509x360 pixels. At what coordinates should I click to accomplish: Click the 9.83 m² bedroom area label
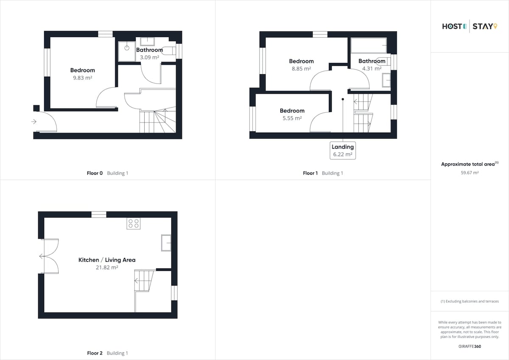(82, 78)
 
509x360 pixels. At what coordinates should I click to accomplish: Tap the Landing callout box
(343, 151)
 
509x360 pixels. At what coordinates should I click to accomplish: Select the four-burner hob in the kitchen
(133, 223)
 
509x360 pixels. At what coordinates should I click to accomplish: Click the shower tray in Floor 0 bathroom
(127, 51)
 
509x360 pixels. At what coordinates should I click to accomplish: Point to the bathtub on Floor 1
(369, 45)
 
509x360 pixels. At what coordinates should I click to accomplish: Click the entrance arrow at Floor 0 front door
(34, 122)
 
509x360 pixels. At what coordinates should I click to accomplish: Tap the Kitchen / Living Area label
(107, 260)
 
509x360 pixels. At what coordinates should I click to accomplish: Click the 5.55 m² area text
(292, 118)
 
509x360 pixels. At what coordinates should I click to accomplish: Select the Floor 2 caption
(107, 353)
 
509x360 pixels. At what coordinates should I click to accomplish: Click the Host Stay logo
(470, 26)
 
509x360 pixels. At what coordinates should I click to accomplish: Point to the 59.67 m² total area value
(470, 173)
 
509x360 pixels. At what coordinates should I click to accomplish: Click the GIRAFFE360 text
(470, 346)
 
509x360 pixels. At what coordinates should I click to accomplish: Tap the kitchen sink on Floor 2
(166, 243)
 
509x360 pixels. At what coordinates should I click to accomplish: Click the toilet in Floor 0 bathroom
(169, 50)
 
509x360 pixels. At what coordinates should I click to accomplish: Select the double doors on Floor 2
(50, 256)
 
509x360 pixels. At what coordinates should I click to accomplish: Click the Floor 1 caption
(323, 173)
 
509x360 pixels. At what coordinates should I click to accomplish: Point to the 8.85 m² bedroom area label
(301, 69)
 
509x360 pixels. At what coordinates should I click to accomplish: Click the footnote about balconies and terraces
(470, 301)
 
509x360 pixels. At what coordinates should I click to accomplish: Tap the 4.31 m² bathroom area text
(372, 68)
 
